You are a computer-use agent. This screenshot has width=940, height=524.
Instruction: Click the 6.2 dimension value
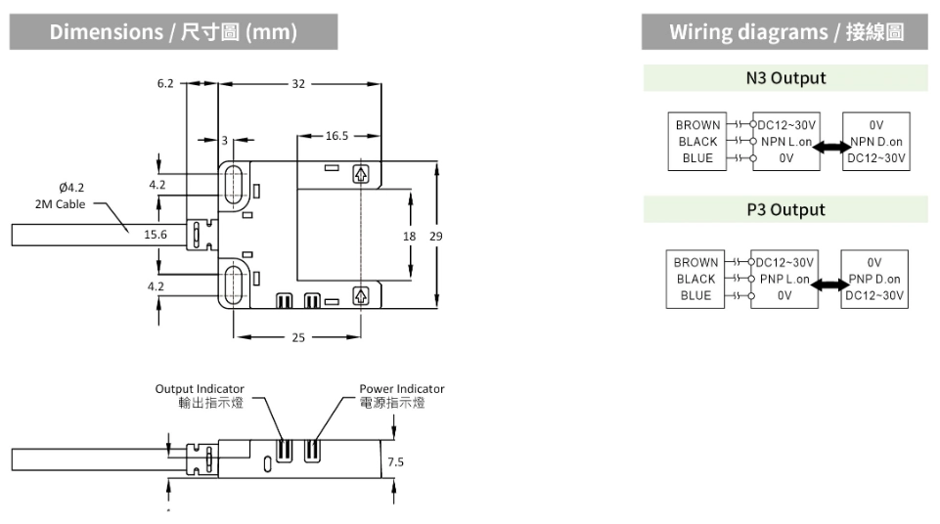[164, 83]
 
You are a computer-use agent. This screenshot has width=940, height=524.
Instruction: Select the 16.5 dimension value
[336, 135]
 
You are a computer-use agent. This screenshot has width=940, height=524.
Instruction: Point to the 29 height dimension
[436, 237]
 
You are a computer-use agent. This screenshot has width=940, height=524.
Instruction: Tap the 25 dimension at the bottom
[298, 337]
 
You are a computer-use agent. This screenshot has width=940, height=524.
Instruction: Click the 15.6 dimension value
[156, 235]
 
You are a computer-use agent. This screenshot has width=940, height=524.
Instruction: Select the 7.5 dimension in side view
[395, 461]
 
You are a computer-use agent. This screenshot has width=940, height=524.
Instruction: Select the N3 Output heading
[785, 78]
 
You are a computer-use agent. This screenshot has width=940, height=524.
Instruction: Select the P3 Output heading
[785, 209]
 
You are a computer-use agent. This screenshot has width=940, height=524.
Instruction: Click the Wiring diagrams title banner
[785, 32]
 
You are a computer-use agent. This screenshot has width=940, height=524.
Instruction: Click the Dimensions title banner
[173, 32]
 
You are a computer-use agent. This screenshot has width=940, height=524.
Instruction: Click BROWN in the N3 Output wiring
[697, 125]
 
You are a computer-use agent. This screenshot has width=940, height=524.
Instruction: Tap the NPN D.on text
[875, 142]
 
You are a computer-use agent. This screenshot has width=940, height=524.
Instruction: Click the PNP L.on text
[784, 279]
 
